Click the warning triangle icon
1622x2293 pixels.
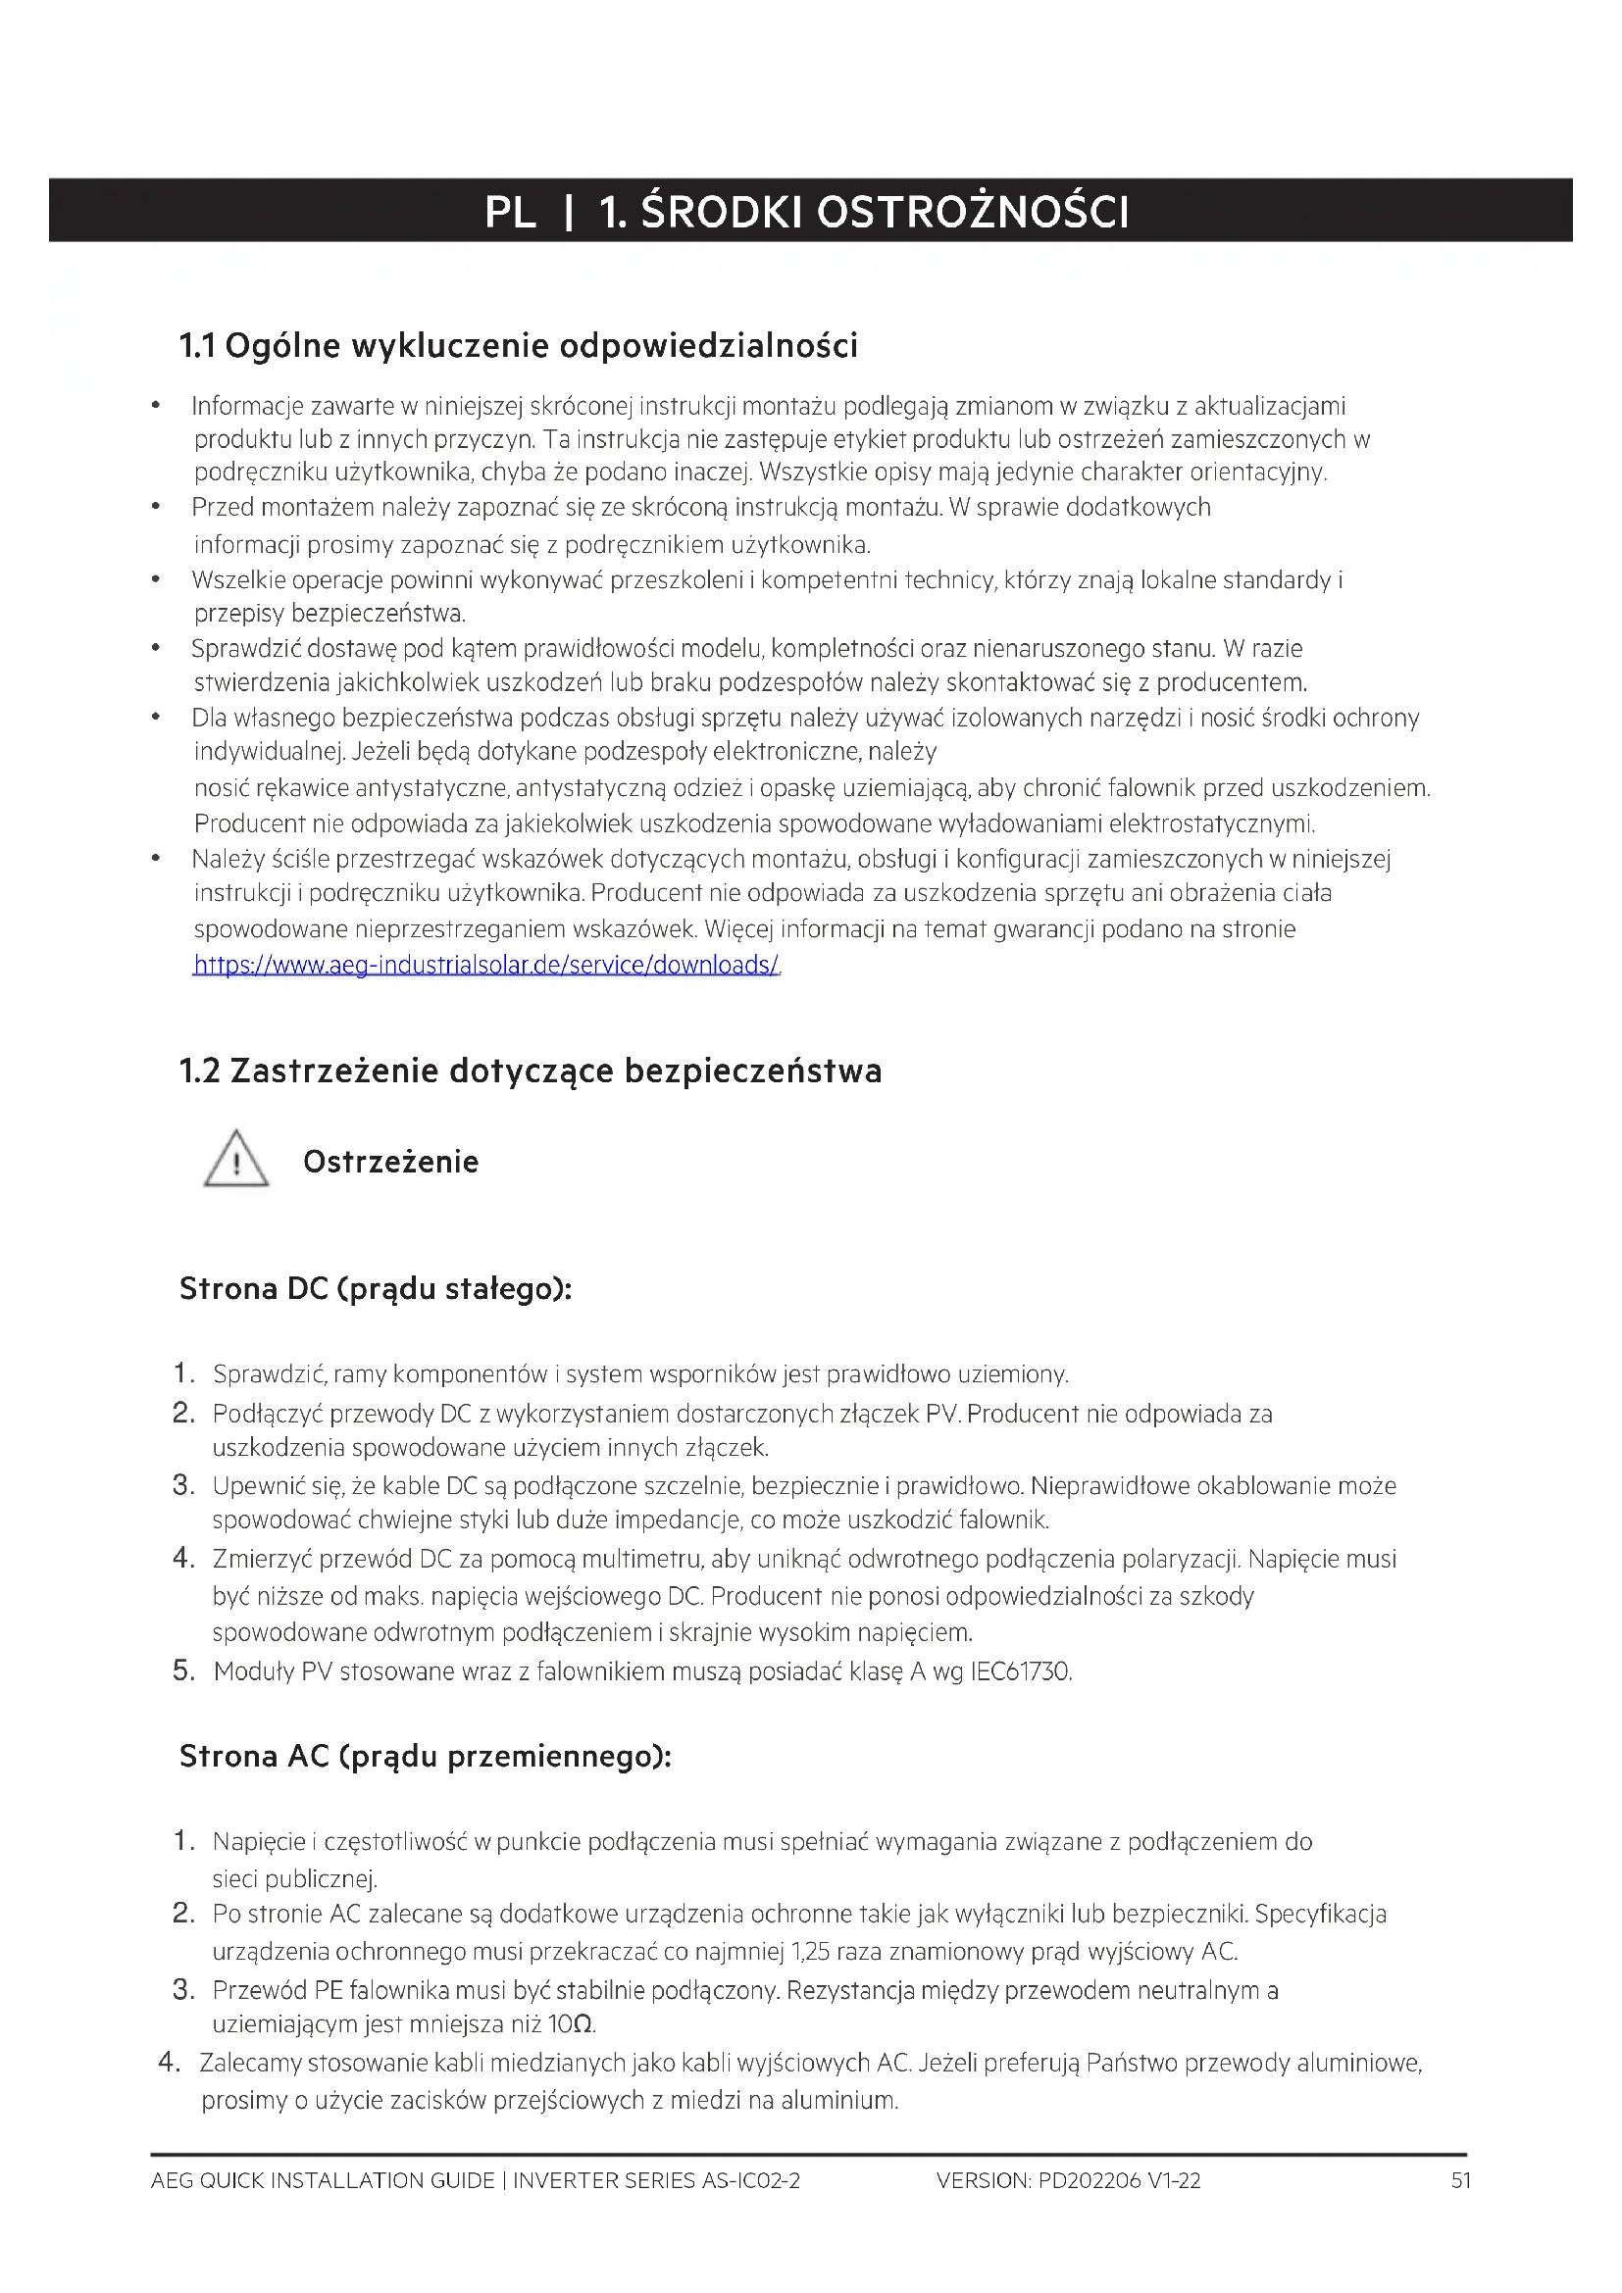pyautogui.click(x=235, y=1160)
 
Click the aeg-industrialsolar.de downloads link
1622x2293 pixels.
pyautogui.click(x=485, y=965)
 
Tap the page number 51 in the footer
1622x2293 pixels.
pyautogui.click(x=1461, y=2180)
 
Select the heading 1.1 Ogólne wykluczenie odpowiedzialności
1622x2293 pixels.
pyautogui.click(x=519, y=345)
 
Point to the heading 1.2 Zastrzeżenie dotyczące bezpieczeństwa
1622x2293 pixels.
pyautogui.click(x=531, y=1071)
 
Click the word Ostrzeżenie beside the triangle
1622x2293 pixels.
pyautogui.click(x=390, y=1162)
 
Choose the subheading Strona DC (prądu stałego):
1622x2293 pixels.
pyautogui.click(x=376, y=1288)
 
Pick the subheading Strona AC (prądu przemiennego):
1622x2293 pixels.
pyautogui.click(x=426, y=1756)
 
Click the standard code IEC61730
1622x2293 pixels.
pyautogui.click(x=1021, y=1671)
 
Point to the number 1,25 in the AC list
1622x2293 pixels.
pyautogui.click(x=810, y=1952)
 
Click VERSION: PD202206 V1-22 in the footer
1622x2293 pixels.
pyautogui.click(x=1069, y=2180)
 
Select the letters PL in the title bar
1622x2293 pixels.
pyautogui.click(x=510, y=212)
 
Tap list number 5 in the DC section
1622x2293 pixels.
pyautogui.click(x=182, y=1670)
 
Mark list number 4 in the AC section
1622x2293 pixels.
pyautogui.click(x=169, y=2063)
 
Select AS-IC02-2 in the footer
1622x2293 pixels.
pyautogui.click(x=751, y=2180)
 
